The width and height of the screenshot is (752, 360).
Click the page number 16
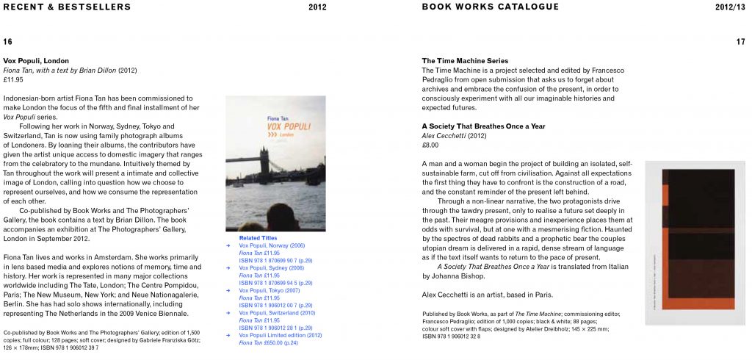pyautogui.click(x=8, y=41)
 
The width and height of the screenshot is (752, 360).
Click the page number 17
pyautogui.click(x=740, y=41)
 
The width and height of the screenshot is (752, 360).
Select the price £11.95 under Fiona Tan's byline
pyautogui.click(x=13, y=79)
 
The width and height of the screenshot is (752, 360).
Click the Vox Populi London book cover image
pyautogui.click(x=275, y=164)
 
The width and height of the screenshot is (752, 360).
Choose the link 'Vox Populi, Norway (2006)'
pyautogui.click(x=272, y=245)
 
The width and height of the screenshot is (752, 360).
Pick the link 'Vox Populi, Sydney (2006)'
pyautogui.click(x=272, y=268)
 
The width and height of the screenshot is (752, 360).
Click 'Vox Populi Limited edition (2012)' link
pyautogui.click(x=281, y=334)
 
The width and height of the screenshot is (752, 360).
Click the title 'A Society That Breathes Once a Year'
pyautogui.click(x=483, y=126)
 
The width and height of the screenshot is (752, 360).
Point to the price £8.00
pyautogui.click(x=431, y=145)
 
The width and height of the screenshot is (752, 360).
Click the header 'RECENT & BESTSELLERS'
pyautogui.click(x=66, y=7)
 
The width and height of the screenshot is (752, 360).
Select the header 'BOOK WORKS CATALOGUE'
pyautogui.click(x=490, y=7)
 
